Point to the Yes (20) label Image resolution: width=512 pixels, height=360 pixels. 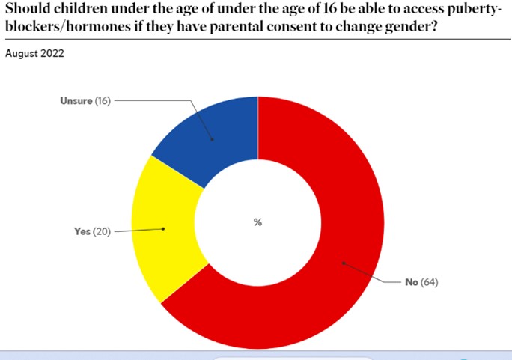pyautogui.click(x=92, y=231)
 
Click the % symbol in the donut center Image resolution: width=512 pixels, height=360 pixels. pyautogui.click(x=257, y=222)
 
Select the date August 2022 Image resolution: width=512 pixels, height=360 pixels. pyautogui.click(x=34, y=54)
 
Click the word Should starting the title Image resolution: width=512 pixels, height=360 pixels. pyautogui.click(x=27, y=10)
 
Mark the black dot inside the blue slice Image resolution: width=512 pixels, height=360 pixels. pyautogui.click(x=212, y=139)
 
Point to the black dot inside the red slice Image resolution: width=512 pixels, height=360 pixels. pyautogui.click(x=343, y=262)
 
